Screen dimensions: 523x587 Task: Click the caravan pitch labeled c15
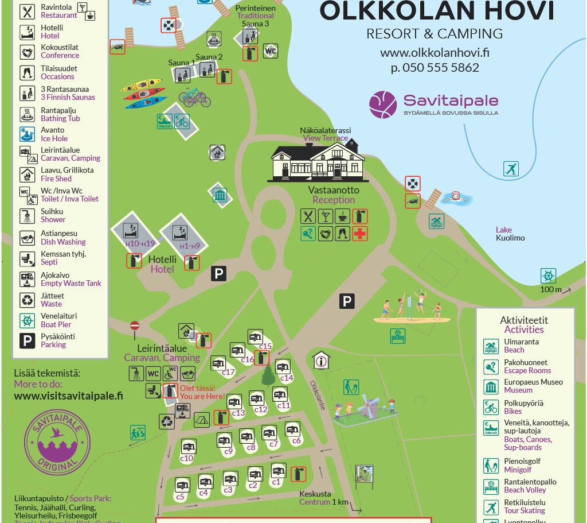(x=256, y=337)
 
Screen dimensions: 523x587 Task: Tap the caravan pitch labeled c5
(x=182, y=485)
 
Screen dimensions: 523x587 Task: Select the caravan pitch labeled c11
(x=280, y=394)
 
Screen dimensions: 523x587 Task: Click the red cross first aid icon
(x=360, y=234)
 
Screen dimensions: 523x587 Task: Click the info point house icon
(x=321, y=360)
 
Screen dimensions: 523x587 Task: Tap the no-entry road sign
(x=135, y=326)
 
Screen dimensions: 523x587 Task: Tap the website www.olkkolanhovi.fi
(x=435, y=53)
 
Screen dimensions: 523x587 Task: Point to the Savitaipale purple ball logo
(x=383, y=104)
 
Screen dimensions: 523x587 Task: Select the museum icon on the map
(x=220, y=195)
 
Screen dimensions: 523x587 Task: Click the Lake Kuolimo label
(x=510, y=234)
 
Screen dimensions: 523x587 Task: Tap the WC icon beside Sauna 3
(x=270, y=51)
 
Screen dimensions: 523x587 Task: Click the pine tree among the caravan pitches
(x=268, y=375)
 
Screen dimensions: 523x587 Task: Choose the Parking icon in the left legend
(x=28, y=341)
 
